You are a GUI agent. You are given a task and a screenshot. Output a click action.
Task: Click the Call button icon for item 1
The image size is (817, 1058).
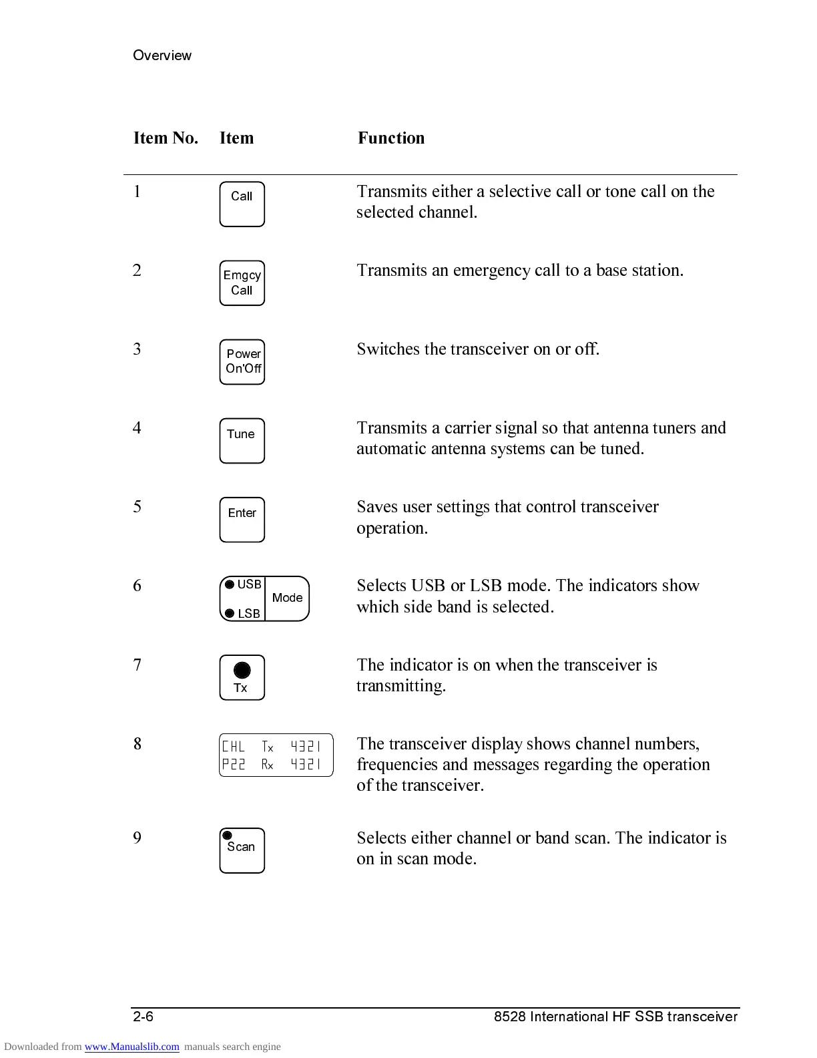242,204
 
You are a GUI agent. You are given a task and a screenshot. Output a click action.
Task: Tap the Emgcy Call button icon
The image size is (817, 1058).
242,283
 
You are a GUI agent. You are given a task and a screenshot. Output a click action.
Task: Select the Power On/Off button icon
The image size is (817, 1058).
242,362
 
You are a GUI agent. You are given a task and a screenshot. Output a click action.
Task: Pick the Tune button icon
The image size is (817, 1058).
242,441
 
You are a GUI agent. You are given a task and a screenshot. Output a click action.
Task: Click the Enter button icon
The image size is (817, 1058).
242,520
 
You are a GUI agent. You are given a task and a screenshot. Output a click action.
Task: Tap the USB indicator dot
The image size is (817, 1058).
230,585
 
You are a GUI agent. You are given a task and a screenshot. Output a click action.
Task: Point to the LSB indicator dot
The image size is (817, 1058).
230,613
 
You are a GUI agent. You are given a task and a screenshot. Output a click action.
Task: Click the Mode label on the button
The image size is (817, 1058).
287,598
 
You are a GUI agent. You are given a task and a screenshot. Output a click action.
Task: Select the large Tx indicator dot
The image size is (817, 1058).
242,670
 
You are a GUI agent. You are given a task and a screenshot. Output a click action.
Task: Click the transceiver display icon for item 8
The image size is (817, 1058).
276,755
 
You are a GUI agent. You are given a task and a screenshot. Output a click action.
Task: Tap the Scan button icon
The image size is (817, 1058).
242,850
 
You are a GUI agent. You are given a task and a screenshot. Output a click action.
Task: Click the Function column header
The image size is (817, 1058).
391,138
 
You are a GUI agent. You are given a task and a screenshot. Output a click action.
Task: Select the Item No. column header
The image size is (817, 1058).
166,138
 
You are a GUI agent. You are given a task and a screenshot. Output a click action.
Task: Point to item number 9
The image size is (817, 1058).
138,838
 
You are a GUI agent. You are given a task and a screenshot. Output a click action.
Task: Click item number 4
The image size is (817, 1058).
138,427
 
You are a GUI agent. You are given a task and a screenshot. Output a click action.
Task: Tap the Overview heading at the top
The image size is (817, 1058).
162,55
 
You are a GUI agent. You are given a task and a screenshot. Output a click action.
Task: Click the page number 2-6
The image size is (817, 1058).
144,1017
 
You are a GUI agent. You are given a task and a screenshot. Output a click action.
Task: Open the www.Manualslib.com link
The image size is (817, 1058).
131,1047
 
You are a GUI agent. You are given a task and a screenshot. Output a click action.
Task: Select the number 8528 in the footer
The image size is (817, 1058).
509,1017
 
